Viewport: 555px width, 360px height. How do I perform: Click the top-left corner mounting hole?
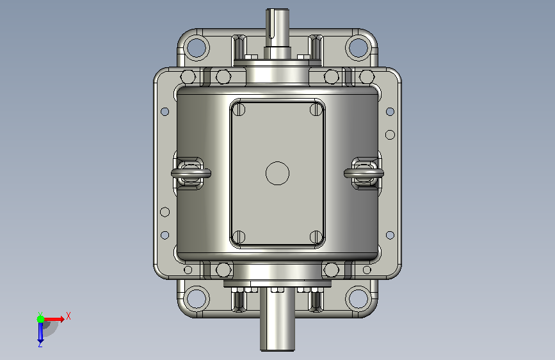(x=197, y=48)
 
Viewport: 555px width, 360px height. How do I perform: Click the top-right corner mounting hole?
(x=358, y=48)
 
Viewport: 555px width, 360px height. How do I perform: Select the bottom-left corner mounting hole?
(x=197, y=298)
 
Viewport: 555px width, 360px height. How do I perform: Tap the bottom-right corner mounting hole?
(x=358, y=298)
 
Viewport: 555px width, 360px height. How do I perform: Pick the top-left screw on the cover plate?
(x=239, y=109)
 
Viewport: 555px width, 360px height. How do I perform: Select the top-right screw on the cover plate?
(x=316, y=109)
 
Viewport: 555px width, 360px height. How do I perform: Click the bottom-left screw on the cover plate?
(x=239, y=237)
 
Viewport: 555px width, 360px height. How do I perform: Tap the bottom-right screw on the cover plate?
(x=316, y=237)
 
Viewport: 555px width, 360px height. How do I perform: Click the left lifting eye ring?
(x=191, y=173)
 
